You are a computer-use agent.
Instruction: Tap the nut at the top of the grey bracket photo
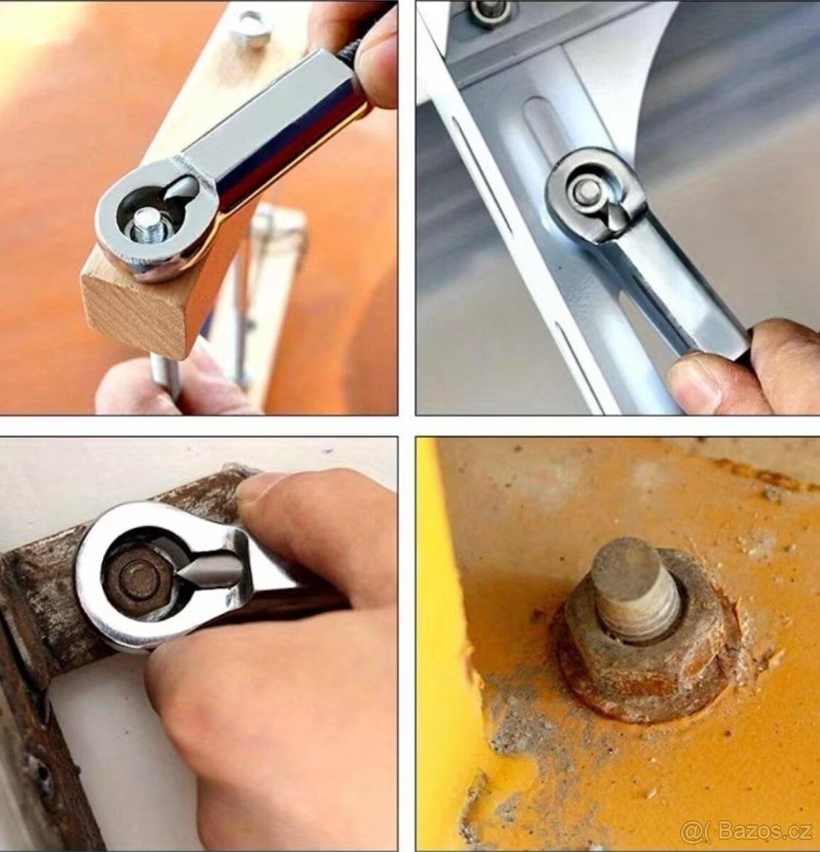point(490,12)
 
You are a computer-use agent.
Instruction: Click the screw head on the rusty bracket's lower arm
point(38,777)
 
